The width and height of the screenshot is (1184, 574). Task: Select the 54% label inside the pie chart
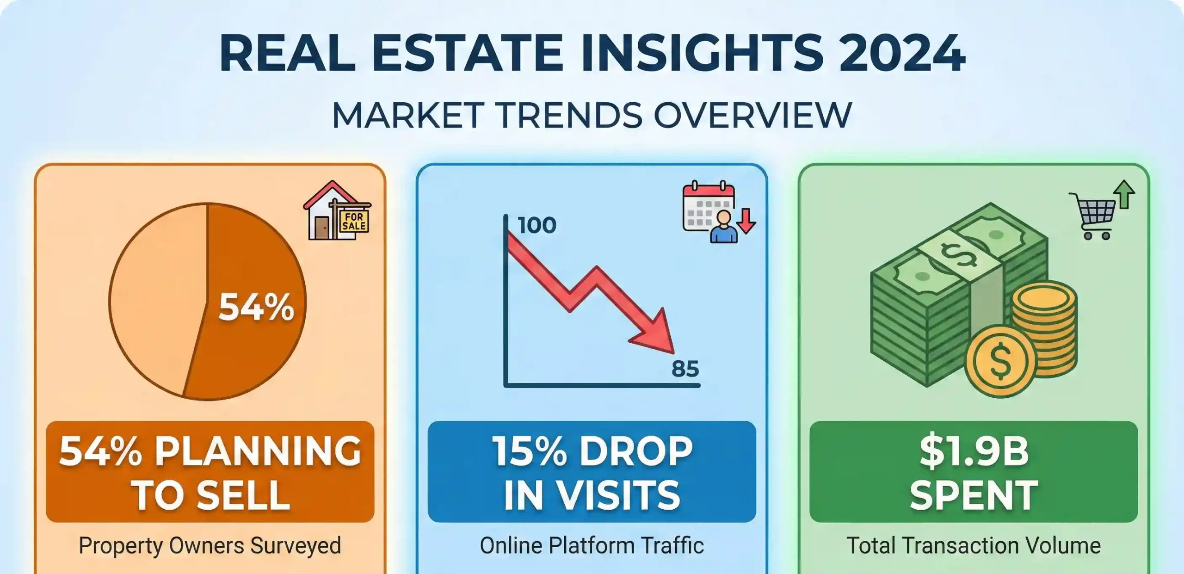[x=256, y=307]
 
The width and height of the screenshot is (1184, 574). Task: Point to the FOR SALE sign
[x=354, y=221]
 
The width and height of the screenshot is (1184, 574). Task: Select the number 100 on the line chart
[x=537, y=225]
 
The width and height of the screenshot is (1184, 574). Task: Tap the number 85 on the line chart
[x=685, y=369]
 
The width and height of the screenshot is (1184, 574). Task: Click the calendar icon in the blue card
[x=708, y=206]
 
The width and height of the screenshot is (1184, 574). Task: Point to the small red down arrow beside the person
[x=746, y=222]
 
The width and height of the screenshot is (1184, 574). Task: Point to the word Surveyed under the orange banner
[x=296, y=546]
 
